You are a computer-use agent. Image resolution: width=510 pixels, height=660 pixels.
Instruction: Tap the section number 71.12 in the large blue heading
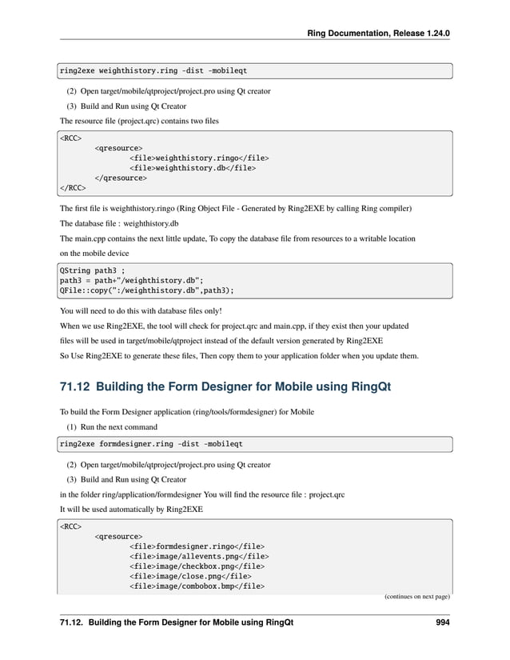click(78, 388)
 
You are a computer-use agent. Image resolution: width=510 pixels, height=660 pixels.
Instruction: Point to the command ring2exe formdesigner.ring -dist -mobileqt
click(152, 442)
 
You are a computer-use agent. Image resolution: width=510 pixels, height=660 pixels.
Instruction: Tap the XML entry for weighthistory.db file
click(193, 168)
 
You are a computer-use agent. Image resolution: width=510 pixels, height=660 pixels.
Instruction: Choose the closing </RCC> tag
click(73, 189)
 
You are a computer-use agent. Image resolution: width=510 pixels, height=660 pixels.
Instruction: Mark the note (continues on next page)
click(413, 596)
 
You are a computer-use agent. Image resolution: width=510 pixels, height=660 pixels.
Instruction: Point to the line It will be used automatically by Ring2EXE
click(131, 509)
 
